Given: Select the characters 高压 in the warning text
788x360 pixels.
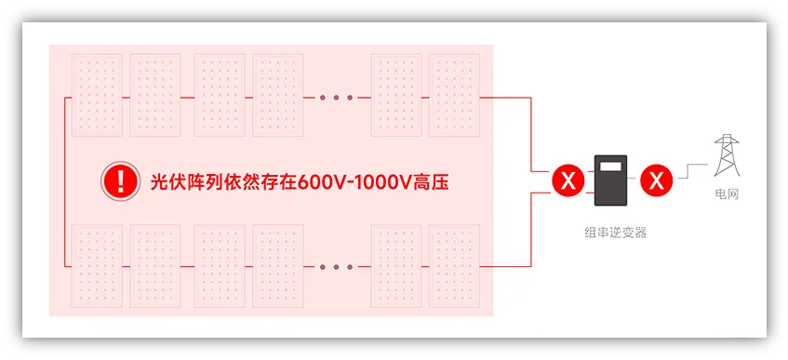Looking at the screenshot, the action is pos(430,181).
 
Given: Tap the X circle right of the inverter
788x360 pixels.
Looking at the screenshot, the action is pos(657,180).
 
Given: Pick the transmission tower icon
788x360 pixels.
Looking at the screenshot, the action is pos(727,155).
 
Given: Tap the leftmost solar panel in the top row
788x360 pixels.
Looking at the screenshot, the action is pos(97,96).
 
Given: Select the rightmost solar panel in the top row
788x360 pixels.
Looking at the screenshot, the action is pos(453,96).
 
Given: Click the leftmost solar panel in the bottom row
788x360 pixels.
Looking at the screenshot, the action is pos(97,266).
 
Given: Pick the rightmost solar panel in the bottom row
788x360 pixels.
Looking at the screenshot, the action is pos(453,266).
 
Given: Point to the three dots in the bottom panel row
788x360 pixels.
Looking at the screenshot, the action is pos(337,267).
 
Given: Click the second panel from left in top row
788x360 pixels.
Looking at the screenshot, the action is pos(155,96).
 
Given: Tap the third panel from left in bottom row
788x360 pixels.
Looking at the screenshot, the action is pos(220,266).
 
